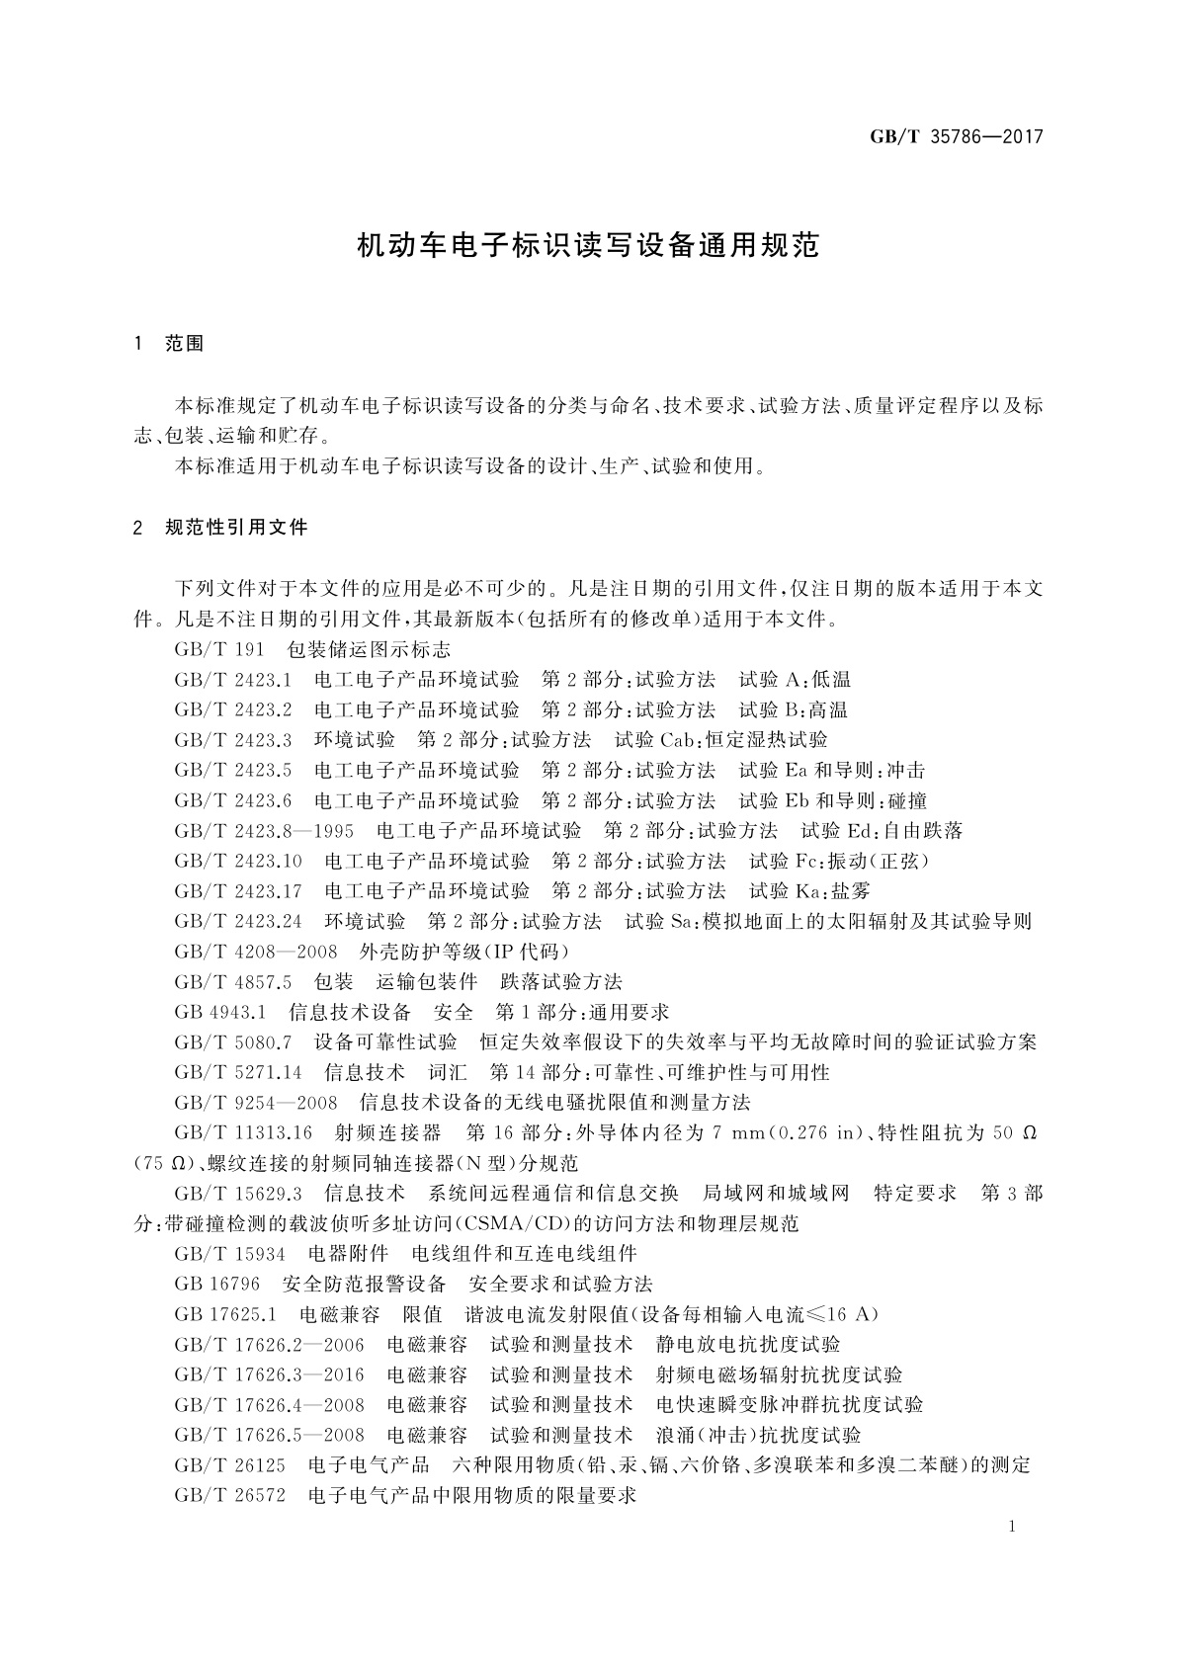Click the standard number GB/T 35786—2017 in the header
click(x=956, y=137)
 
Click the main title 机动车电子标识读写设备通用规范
click(x=588, y=246)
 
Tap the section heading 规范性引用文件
click(x=236, y=528)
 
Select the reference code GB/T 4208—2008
click(x=255, y=953)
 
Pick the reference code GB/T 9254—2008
click(x=255, y=1103)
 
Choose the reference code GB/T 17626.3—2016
click(x=269, y=1374)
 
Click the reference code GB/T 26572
click(x=229, y=1495)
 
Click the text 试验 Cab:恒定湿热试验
click(x=720, y=740)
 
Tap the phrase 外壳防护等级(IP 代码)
click(x=465, y=953)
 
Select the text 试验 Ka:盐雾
click(x=809, y=891)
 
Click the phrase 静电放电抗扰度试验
click(x=748, y=1344)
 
